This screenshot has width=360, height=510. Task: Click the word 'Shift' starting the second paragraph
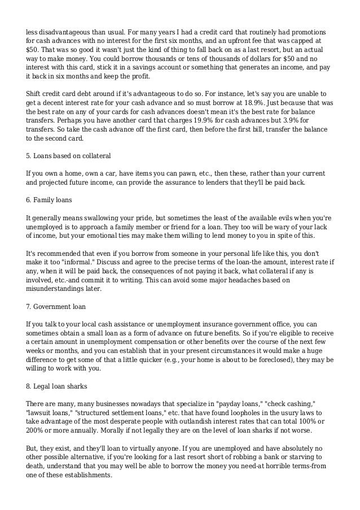pos(36,92)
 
